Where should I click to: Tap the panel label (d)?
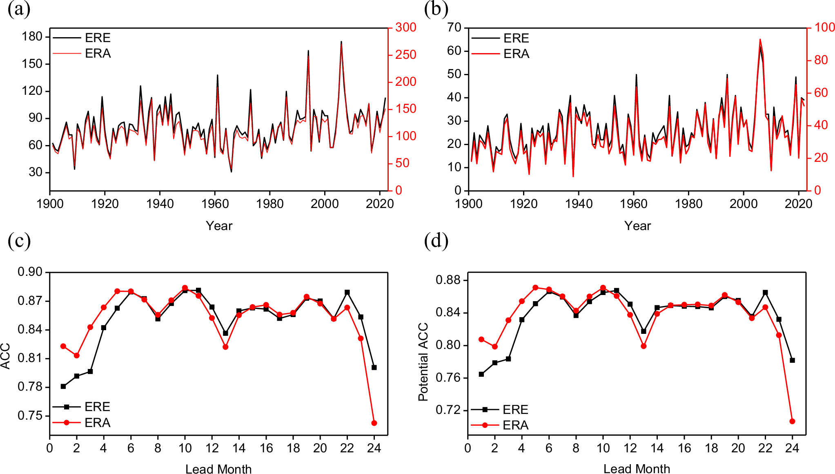click(436, 241)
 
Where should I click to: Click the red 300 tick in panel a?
click(405, 27)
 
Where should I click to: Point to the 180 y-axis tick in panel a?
click(32, 37)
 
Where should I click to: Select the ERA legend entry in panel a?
click(98, 54)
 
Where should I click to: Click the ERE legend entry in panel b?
click(516, 38)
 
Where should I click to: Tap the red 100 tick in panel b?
click(824, 27)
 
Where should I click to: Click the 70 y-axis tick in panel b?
click(454, 27)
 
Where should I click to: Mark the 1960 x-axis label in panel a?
click(215, 203)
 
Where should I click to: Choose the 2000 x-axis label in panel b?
click(743, 203)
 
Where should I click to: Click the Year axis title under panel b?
click(637, 226)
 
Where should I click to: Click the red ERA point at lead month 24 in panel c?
click(374, 423)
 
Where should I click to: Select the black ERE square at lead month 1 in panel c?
click(63, 386)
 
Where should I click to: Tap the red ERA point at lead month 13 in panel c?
click(225, 347)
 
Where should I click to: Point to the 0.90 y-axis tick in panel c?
click(30, 272)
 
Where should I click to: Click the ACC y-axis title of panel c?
click(6, 356)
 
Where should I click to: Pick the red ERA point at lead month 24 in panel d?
click(792, 421)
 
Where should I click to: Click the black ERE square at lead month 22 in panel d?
click(765, 293)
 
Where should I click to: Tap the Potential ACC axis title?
click(423, 362)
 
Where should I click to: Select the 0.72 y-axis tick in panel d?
click(448, 410)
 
